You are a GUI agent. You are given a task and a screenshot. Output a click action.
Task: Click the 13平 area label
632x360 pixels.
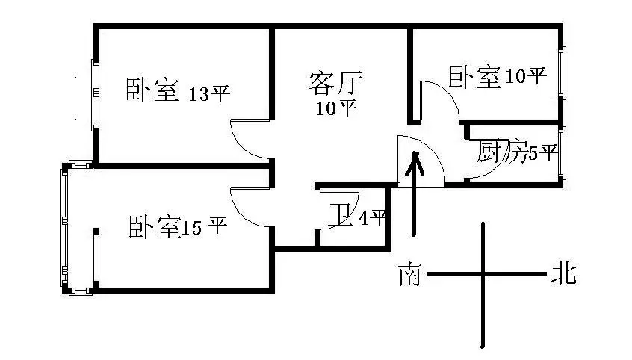(208, 93)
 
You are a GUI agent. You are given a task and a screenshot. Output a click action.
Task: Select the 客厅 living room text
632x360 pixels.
(335, 83)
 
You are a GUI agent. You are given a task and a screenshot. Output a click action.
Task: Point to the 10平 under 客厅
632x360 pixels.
(336, 108)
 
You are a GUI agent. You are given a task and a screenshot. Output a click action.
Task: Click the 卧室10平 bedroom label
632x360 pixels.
(498, 77)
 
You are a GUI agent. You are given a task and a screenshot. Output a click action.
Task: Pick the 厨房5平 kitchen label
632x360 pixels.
(518, 151)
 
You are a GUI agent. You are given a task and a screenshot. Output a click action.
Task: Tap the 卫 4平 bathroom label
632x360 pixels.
(357, 216)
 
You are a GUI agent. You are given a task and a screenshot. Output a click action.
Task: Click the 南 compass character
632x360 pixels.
(410, 275)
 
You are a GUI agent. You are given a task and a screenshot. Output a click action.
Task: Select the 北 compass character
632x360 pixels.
(564, 273)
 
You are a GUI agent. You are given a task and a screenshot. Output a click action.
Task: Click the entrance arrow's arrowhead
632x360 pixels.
(415, 162)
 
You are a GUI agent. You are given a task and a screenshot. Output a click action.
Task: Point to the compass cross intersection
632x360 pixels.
(483, 274)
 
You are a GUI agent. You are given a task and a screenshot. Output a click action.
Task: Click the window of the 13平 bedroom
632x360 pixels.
(95, 95)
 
